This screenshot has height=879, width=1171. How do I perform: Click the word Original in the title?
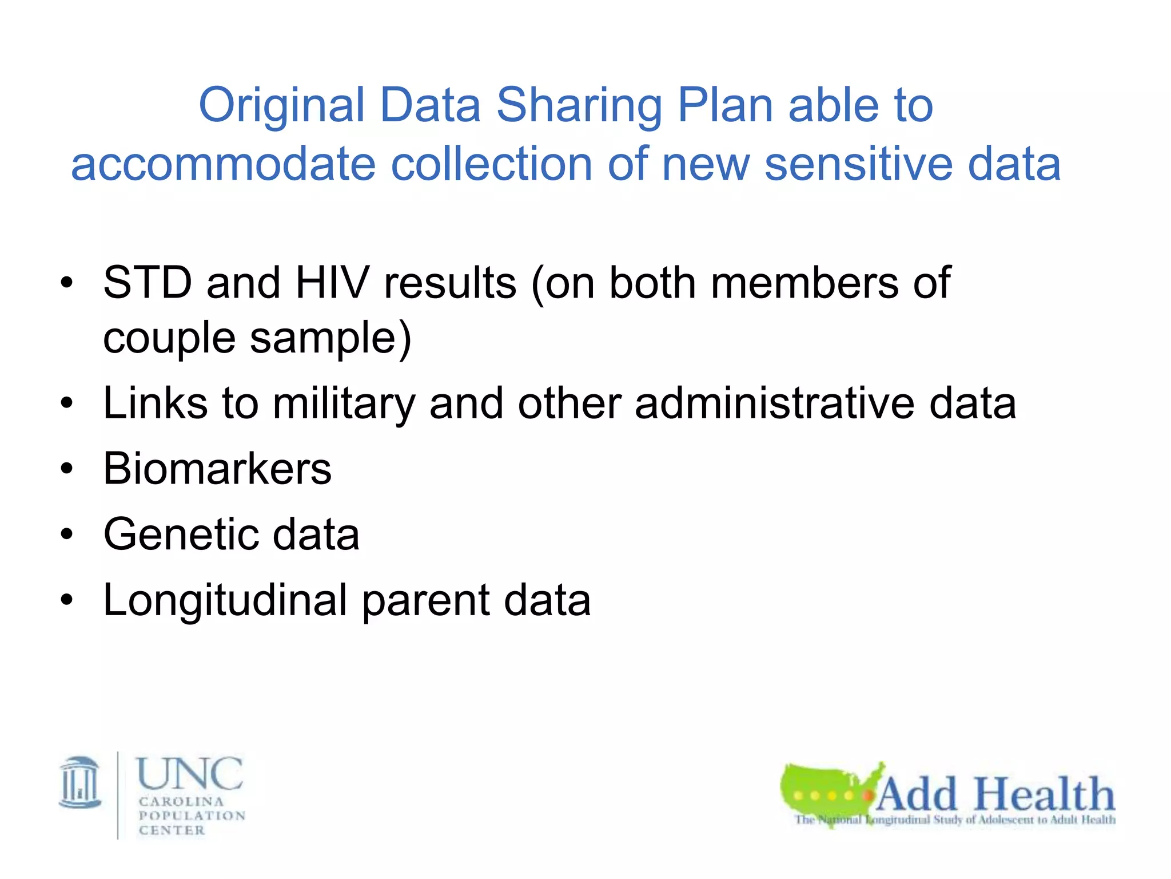(x=281, y=106)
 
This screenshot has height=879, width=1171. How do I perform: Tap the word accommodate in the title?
(x=223, y=165)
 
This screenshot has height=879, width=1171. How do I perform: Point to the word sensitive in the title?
(x=858, y=165)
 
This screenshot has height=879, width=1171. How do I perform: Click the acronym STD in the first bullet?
(x=147, y=283)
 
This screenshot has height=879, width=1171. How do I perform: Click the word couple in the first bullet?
(x=169, y=338)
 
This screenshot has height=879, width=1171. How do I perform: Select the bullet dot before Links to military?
(x=67, y=403)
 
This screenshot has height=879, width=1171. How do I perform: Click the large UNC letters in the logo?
(x=190, y=774)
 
